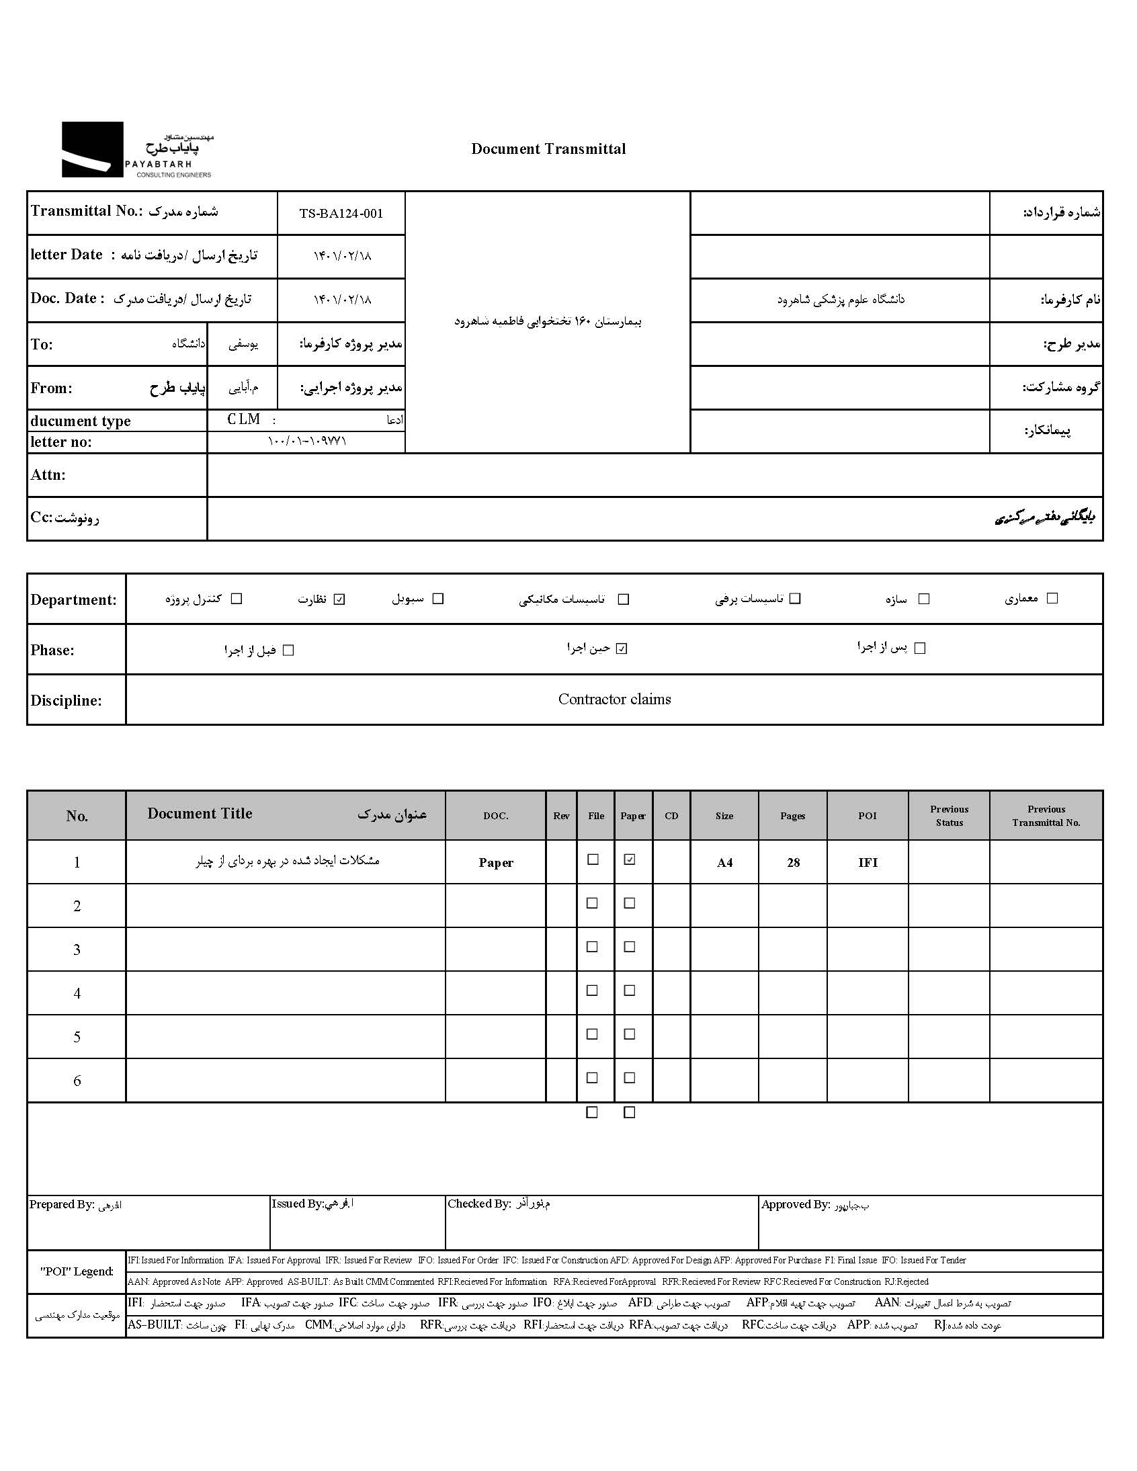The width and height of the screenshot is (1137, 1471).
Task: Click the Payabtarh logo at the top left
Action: (136, 150)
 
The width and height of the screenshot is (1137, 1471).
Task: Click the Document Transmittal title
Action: (548, 149)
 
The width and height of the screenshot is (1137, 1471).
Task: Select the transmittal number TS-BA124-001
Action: (341, 214)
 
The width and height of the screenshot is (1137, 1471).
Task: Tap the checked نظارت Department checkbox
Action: (339, 599)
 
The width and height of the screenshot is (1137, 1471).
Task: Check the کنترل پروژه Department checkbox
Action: (237, 598)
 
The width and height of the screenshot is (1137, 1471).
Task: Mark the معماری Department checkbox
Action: (1052, 597)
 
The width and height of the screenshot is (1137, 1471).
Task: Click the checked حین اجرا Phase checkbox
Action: (622, 648)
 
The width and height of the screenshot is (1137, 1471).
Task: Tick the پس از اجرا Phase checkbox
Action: (920, 648)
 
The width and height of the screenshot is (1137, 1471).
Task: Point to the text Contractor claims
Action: (614, 699)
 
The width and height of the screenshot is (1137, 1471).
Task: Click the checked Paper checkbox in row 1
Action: (630, 859)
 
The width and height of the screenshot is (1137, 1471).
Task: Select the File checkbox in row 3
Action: (593, 947)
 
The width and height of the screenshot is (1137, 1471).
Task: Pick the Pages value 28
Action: (793, 863)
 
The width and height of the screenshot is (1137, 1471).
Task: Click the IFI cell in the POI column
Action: (868, 863)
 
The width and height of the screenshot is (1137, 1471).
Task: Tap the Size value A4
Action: (724, 863)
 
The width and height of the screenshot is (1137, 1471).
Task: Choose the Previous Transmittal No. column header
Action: (1046, 816)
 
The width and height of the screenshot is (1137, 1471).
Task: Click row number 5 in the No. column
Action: (77, 1037)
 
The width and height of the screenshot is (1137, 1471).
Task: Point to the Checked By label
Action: (479, 1204)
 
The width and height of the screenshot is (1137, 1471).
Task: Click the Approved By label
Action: (795, 1204)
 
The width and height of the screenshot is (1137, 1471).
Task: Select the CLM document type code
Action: (244, 419)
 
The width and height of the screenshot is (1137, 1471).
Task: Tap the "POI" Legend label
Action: (77, 1271)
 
